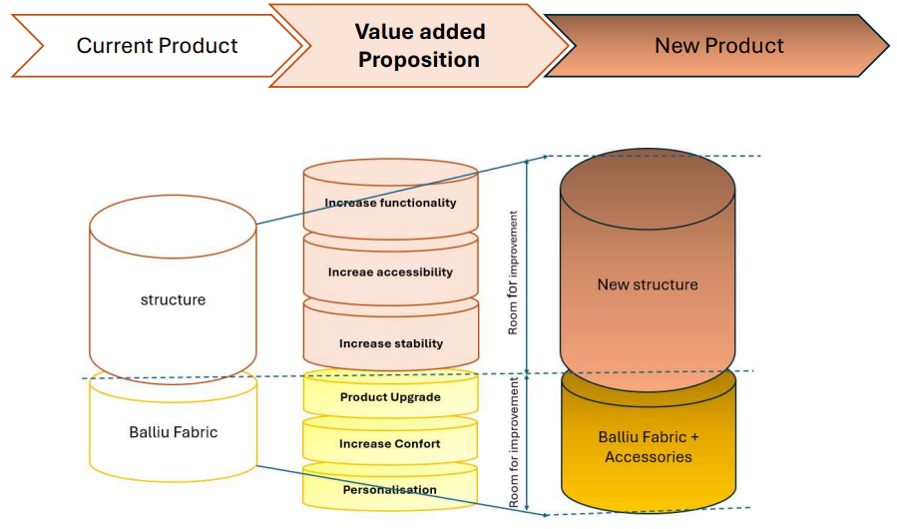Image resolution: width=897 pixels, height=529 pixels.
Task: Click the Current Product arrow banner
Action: tap(158, 46)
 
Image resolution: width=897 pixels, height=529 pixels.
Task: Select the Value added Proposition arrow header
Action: tap(419, 46)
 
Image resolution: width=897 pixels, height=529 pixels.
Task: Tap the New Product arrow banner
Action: tap(718, 46)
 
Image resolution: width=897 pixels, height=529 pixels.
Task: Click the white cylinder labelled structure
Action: tap(173, 289)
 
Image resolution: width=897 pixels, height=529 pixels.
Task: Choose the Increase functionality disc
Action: tap(391, 202)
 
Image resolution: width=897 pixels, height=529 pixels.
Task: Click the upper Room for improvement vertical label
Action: tap(513, 272)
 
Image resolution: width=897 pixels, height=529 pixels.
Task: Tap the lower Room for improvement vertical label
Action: tap(513, 442)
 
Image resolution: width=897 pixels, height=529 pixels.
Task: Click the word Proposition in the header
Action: tap(419, 60)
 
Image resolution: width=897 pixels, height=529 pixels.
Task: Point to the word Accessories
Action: tap(649, 457)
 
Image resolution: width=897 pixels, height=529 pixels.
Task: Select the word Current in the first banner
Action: tap(115, 46)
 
